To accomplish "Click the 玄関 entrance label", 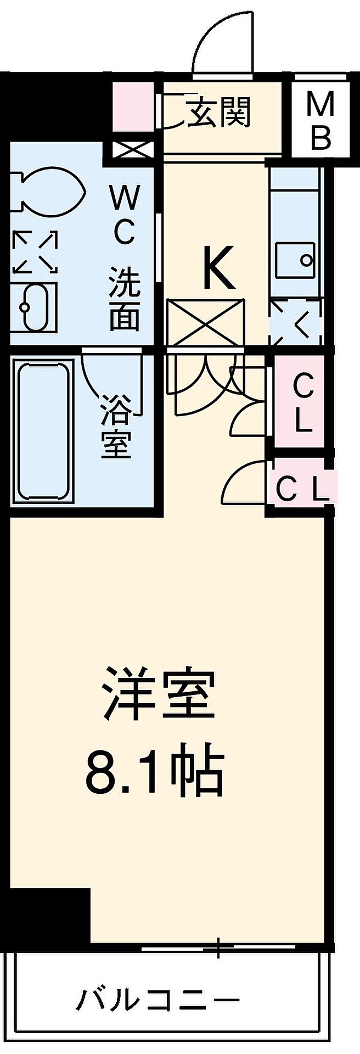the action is (x=219, y=113).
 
